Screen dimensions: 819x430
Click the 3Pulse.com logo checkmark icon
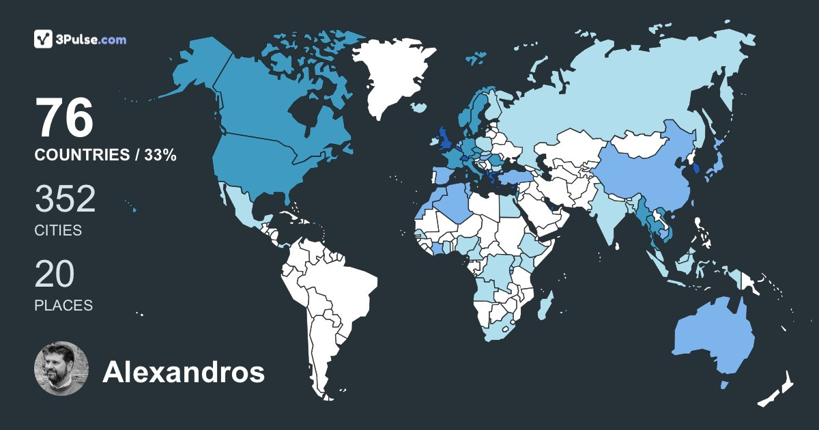pos(44,39)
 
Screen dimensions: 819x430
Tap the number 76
pos(64,119)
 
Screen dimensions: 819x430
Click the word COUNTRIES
pos(81,156)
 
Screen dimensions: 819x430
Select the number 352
pos(65,199)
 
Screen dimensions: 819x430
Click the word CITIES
pos(58,231)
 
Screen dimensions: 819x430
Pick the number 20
pos(55,274)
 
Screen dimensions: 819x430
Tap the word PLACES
pos(63,305)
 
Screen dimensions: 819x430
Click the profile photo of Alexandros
pos(61,369)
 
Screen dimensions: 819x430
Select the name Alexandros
pos(183,373)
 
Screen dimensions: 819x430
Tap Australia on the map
pos(713,338)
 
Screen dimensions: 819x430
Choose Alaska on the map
pos(195,68)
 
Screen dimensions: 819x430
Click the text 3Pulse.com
pos(92,40)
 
